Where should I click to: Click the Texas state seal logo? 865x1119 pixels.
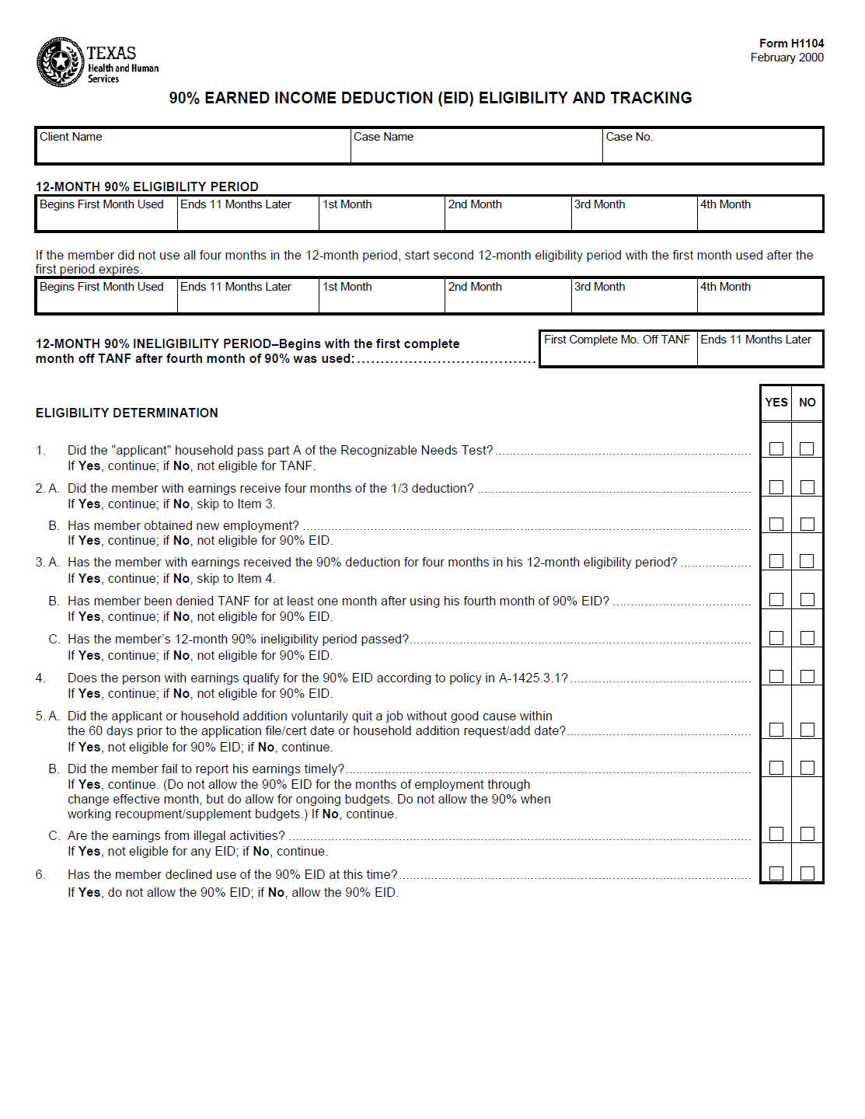click(60, 62)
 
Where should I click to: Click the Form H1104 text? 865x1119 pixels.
click(791, 44)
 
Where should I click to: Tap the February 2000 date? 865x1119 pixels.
click(787, 58)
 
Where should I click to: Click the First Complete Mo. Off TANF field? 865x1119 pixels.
click(618, 350)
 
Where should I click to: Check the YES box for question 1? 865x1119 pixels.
click(776, 448)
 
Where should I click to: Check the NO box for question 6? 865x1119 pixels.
click(807, 873)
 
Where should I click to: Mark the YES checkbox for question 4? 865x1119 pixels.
click(776, 676)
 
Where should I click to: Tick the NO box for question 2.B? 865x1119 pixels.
click(807, 524)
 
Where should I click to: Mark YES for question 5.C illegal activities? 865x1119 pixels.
click(776, 834)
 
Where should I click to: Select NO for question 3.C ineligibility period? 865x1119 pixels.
click(807, 637)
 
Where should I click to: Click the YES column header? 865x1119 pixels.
click(776, 403)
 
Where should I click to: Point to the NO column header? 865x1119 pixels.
click(807, 403)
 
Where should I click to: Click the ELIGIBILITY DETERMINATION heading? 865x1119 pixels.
click(127, 413)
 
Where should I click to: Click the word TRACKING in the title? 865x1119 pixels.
click(650, 98)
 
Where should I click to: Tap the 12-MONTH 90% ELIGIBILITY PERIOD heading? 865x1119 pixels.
click(147, 186)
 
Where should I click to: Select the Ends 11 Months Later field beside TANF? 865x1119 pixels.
click(759, 350)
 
